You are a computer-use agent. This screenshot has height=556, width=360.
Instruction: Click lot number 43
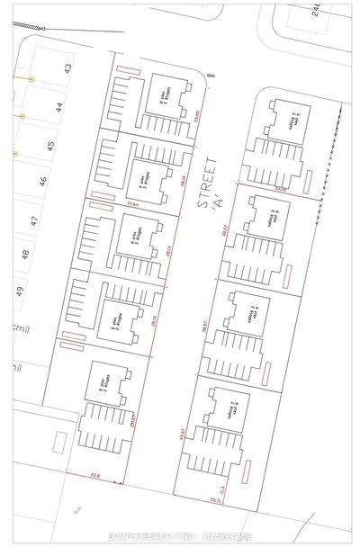[67, 68]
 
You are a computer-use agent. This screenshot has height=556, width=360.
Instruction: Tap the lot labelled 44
[58, 106]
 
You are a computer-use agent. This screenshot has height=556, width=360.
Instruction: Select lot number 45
[50, 144]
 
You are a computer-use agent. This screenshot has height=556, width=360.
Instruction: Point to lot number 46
[42, 182]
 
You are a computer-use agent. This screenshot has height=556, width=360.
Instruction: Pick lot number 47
[34, 220]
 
